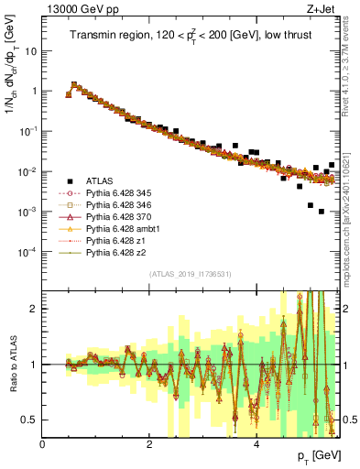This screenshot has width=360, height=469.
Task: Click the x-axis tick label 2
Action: [149, 444]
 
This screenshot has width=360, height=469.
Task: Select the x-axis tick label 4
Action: [256, 444]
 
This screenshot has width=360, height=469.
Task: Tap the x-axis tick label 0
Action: [43, 444]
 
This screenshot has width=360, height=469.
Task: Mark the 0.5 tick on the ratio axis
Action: [30, 420]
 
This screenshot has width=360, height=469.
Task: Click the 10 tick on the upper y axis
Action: [31, 51]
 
